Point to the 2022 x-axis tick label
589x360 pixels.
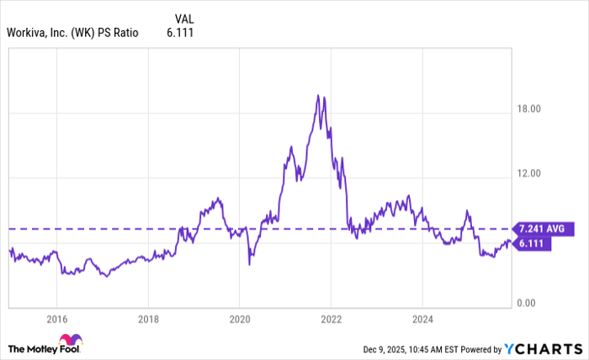point(331,319)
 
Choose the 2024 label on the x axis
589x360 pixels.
point(422,319)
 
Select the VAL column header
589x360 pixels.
point(184,19)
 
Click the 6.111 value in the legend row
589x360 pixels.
point(185,33)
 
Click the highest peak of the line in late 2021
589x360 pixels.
point(318,95)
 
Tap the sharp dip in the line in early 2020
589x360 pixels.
point(249,264)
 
